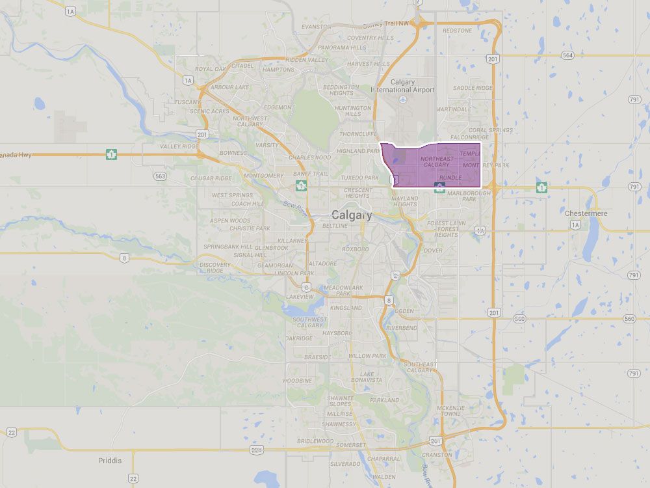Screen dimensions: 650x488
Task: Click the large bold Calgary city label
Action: [x=352, y=215]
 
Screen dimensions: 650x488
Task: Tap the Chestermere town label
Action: [x=585, y=213]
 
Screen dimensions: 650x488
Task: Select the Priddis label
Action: [x=110, y=460]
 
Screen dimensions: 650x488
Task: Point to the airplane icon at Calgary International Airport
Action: [x=402, y=99]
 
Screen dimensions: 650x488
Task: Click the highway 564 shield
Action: [x=568, y=55]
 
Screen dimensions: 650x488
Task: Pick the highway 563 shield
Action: [x=160, y=176]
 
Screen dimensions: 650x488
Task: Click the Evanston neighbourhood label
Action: [x=317, y=27]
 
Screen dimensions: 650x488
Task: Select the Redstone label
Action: [x=458, y=30]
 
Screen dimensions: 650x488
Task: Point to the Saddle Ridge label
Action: [x=473, y=87]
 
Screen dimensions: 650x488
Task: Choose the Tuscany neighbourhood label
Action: [x=187, y=102]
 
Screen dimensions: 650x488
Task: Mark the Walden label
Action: [x=385, y=477]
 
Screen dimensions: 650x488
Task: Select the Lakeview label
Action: [x=300, y=296]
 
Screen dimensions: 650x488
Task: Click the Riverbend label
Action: [x=401, y=328]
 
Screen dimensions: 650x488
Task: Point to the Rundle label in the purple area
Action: [x=450, y=177]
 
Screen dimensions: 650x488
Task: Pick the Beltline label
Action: [x=335, y=225]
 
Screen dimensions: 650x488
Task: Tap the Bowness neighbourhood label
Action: [x=233, y=153]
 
